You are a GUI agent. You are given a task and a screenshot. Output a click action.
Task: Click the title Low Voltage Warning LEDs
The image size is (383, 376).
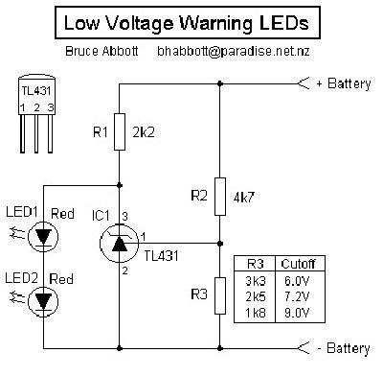tap(191, 21)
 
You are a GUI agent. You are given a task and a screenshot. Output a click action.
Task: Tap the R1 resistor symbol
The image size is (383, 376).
tap(120, 133)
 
